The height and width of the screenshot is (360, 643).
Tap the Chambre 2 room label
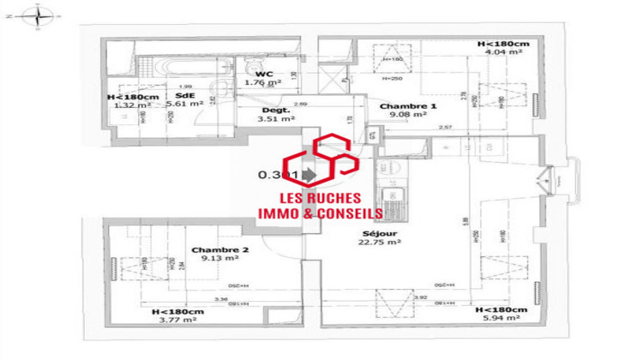pyautogui.click(x=220, y=250)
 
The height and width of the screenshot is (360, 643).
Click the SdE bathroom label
pyautogui.click(x=183, y=94)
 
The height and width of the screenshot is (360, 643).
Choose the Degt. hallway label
pyautogui.click(x=275, y=110)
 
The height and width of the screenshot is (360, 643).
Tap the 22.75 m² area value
pyautogui.click(x=382, y=242)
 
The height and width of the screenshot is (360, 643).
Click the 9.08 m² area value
pyautogui.click(x=407, y=115)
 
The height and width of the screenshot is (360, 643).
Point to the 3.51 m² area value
pyautogui.click(x=275, y=119)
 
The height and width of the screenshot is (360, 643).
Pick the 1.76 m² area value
pyautogui.click(x=257, y=82)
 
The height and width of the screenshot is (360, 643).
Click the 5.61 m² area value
pyautogui.click(x=184, y=104)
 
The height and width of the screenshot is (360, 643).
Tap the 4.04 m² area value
pyautogui.click(x=503, y=52)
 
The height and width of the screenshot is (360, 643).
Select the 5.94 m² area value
pyautogui.click(x=501, y=318)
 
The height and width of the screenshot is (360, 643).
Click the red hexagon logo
pyautogui.click(x=321, y=163)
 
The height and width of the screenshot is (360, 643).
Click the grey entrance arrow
pyautogui.click(x=309, y=175)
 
